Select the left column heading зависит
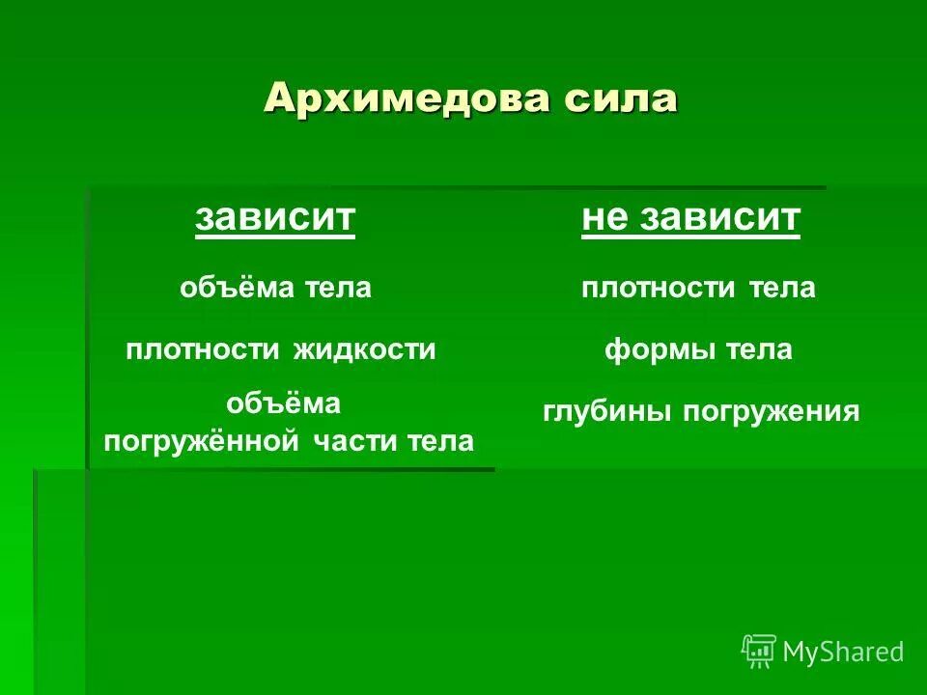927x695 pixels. coord(275,218)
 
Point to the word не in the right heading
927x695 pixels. coord(604,218)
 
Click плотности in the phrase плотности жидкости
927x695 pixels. coord(204,349)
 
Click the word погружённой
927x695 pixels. coord(205,442)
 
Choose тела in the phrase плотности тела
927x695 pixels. coord(782,288)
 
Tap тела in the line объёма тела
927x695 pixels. coord(338,288)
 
